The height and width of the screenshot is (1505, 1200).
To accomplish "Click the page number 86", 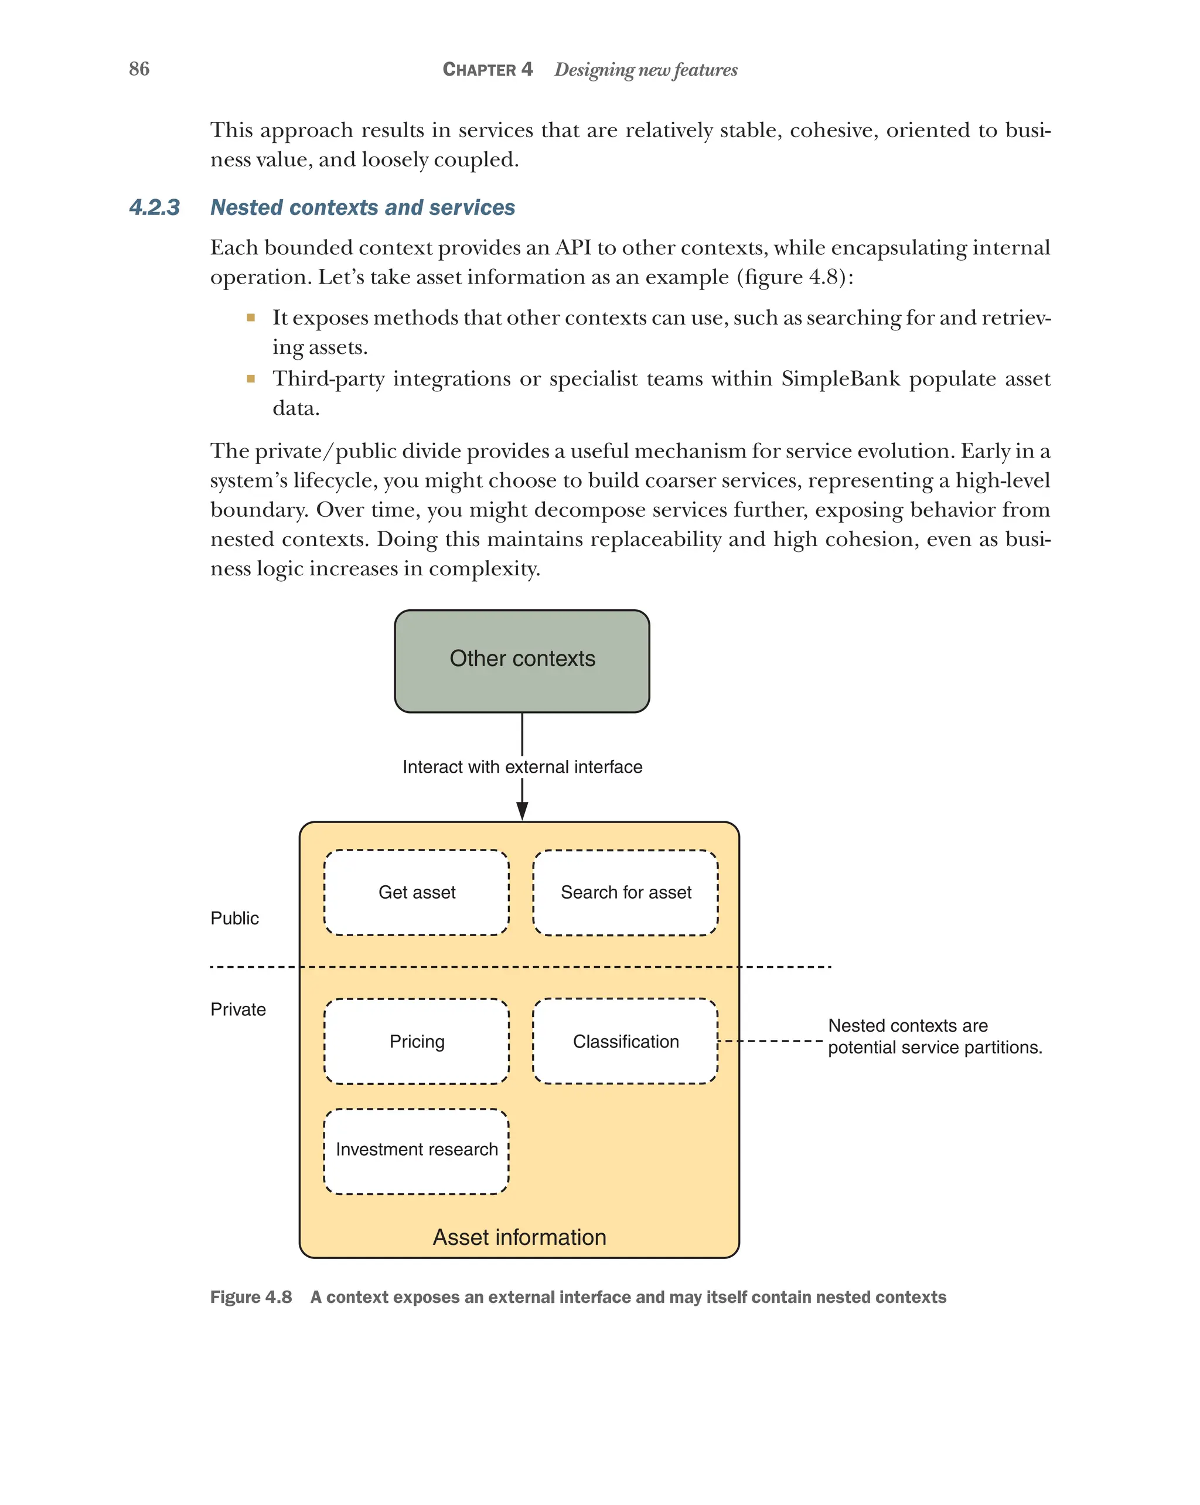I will pos(139,69).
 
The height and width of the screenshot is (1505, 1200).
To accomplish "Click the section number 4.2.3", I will pos(154,207).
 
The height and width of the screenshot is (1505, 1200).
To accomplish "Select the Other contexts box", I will pos(521,660).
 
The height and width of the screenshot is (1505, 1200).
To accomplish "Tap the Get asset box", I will pos(416,892).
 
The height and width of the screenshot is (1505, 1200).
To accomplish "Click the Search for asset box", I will pos(625,892).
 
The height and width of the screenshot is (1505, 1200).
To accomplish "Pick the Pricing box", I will pos(416,1041).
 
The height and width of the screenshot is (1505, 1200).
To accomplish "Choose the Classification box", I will pos(625,1041).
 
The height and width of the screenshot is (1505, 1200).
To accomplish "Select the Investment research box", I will pos(416,1149).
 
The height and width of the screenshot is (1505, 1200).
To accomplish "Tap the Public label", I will pos(234,918).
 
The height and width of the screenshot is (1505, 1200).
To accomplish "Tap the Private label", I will pos(238,1009).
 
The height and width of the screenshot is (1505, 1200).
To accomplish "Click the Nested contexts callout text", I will pos(933,1036).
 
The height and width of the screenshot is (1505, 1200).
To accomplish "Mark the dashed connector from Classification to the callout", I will pos(771,1041).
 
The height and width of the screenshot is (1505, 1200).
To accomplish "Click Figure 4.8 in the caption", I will pos(251,1297).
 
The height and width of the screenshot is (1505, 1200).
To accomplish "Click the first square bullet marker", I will pos(251,318).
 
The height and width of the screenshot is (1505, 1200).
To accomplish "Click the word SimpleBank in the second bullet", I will pos(840,378).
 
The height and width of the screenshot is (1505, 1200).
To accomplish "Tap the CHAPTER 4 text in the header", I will pos(487,69).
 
